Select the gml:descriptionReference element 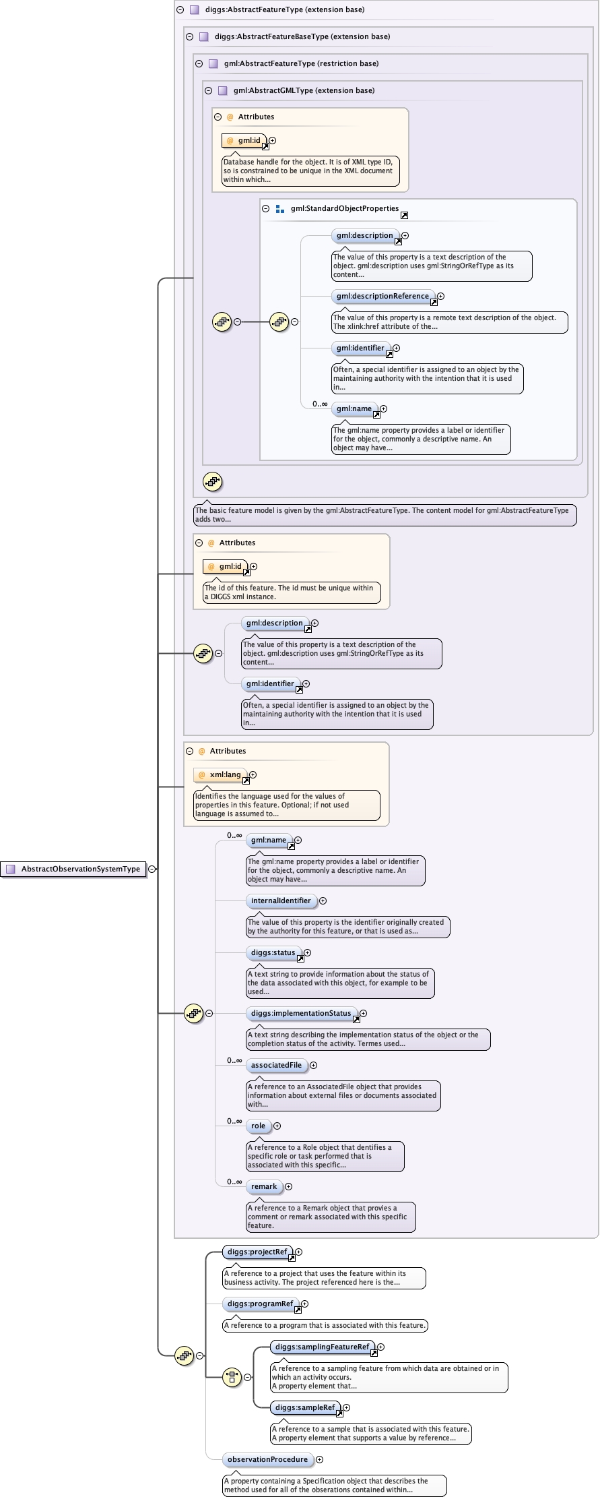coord(382,296)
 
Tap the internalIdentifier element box coord(281,900)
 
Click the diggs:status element coord(273,952)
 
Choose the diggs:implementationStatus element coord(301,1013)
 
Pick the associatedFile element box coord(276,1065)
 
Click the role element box coord(258,1126)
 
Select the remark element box coord(264,1186)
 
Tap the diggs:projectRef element coord(257,1252)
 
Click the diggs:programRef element coord(260,1304)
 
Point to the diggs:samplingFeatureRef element coord(322,1347)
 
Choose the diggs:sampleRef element coord(305,1407)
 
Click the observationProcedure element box coord(267,1459)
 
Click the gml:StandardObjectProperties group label coord(344,208)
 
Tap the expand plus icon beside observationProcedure coord(320,1459)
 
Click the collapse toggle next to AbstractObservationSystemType coord(152,869)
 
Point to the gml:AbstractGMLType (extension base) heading coord(304,90)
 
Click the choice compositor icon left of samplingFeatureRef coord(232,1377)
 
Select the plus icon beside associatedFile coord(313,1065)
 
